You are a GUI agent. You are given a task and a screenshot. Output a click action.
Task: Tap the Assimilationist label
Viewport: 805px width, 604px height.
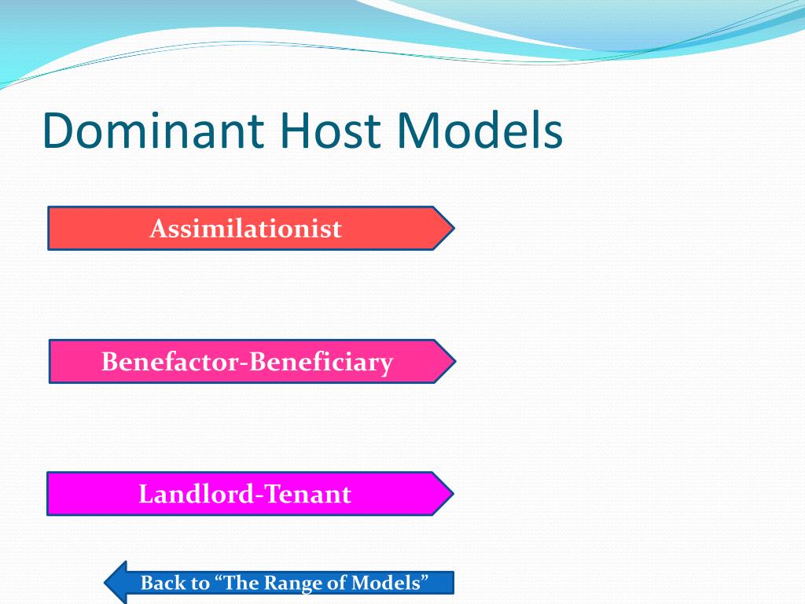click(246, 229)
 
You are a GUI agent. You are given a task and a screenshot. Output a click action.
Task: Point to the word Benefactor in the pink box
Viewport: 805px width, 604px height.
click(171, 362)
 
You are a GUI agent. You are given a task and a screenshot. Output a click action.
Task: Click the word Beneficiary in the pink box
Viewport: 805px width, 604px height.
click(321, 363)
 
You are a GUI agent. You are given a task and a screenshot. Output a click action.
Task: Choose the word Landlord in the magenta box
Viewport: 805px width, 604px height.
click(196, 494)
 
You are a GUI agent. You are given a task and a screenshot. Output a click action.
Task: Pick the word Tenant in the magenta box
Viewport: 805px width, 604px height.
click(307, 494)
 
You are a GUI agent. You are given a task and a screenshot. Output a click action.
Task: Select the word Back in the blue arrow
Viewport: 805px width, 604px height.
click(164, 583)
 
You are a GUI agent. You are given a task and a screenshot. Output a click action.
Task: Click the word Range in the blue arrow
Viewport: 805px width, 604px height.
click(294, 583)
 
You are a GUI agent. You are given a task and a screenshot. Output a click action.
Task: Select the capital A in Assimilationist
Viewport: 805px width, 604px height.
click(158, 229)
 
